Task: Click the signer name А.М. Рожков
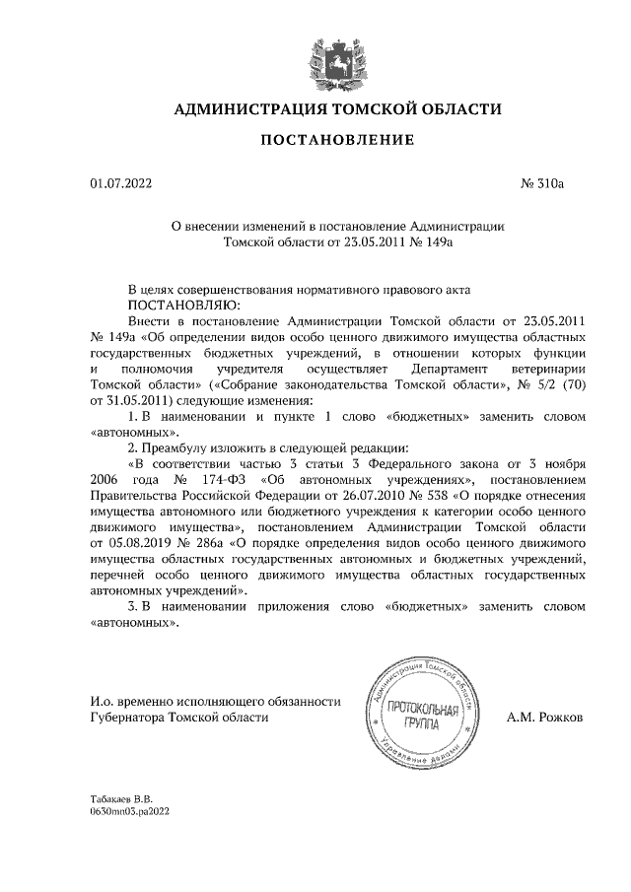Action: (544, 719)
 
